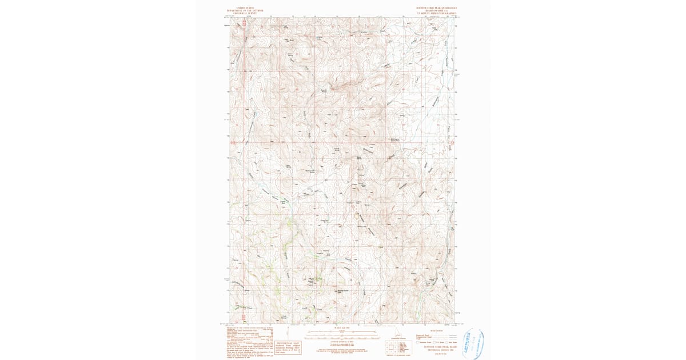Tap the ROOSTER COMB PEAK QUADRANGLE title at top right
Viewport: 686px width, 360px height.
437,8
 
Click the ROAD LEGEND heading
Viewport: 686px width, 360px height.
436,330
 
